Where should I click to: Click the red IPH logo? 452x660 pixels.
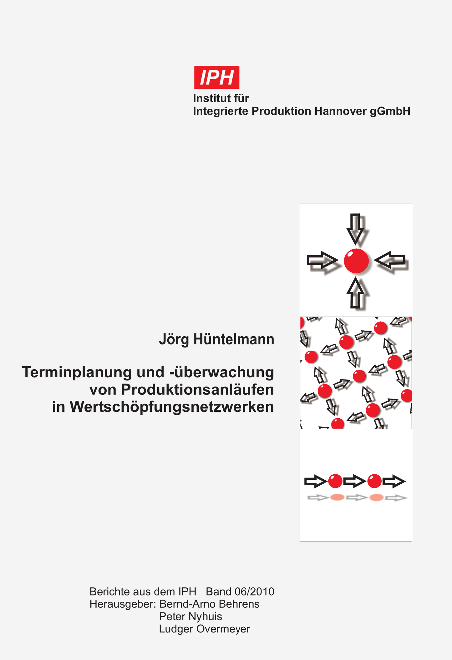pos(217,77)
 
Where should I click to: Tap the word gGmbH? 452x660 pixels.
pos(390,112)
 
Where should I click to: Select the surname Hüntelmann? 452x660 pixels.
pos(234,339)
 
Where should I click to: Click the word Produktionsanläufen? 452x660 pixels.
pos(197,390)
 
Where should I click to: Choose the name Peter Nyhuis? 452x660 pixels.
pos(190,616)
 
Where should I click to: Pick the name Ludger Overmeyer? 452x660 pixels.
pos(205,629)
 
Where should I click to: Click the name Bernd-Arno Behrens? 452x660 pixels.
pos(209,604)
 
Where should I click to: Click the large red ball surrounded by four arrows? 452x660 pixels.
pos(356,261)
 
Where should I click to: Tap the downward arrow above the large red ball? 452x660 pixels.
pos(355,229)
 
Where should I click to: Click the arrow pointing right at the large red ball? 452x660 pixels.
pos(322,260)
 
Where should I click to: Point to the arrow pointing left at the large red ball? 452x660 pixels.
pos(390,260)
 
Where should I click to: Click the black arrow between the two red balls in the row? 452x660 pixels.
pos(355,481)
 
